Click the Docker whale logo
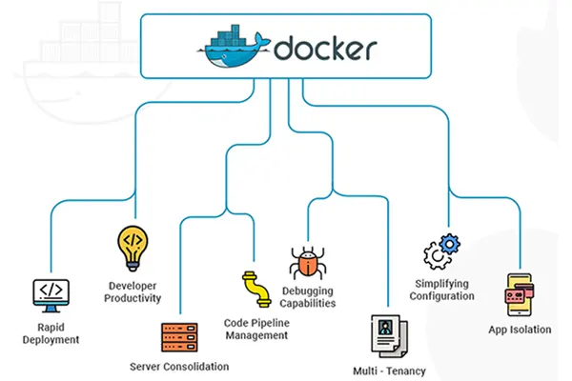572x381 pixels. click(237, 49)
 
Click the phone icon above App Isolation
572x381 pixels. click(517, 294)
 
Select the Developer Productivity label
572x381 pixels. click(133, 291)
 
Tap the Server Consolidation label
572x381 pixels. click(179, 367)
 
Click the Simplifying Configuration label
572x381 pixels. click(443, 290)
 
